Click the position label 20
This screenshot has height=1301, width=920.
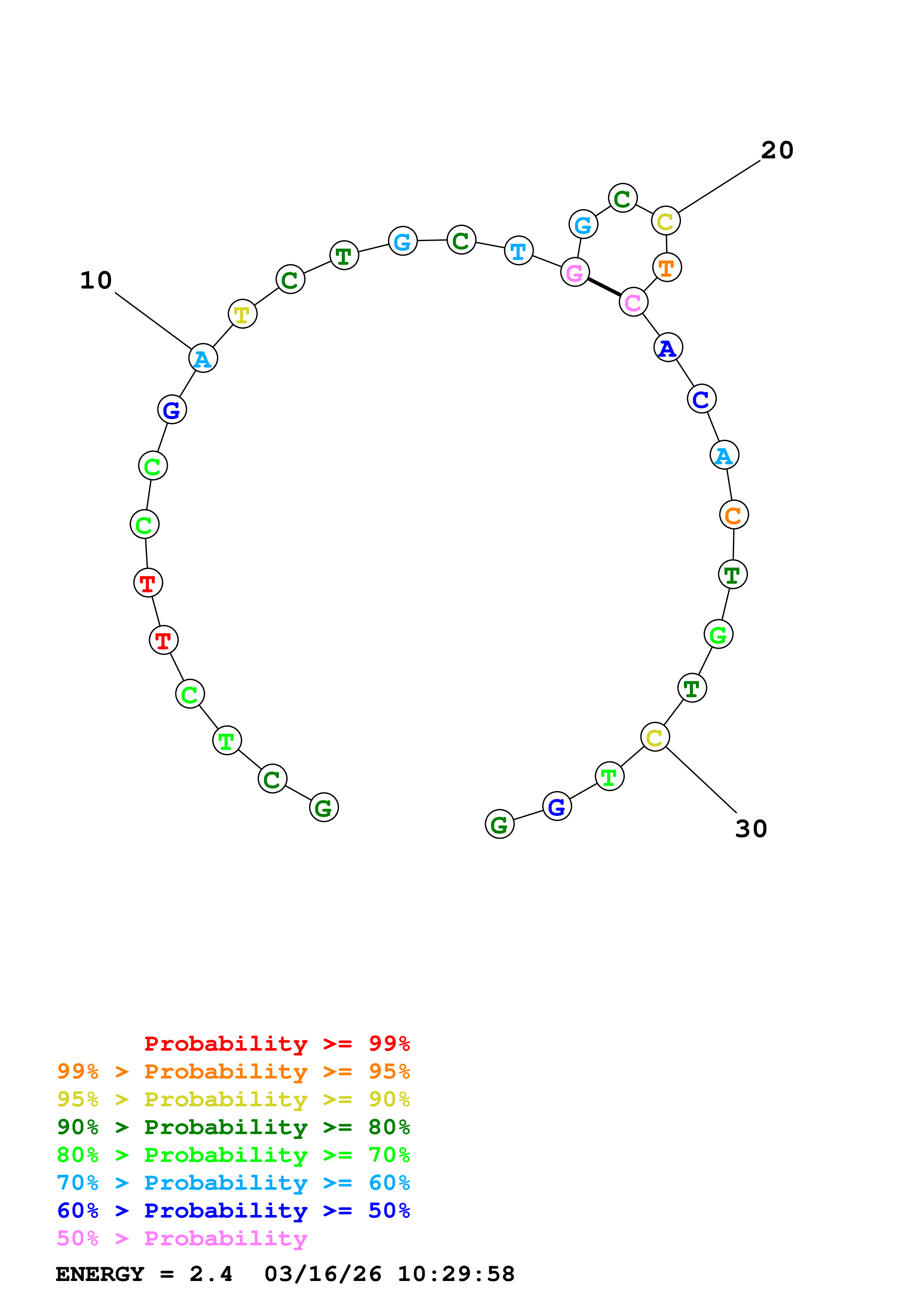[777, 150]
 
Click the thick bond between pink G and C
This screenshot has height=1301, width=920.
[604, 287]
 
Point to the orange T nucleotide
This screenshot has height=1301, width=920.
[666, 267]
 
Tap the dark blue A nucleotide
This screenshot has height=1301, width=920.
[667, 348]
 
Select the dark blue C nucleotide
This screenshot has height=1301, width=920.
[701, 399]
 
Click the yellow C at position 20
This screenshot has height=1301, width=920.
[665, 221]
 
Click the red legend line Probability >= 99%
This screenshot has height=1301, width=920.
[276, 1044]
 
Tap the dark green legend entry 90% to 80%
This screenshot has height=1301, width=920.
[233, 1127]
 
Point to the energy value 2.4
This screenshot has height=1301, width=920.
[210, 1274]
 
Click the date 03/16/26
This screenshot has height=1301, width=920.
[323, 1274]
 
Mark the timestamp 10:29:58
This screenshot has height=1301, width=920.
[456, 1274]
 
